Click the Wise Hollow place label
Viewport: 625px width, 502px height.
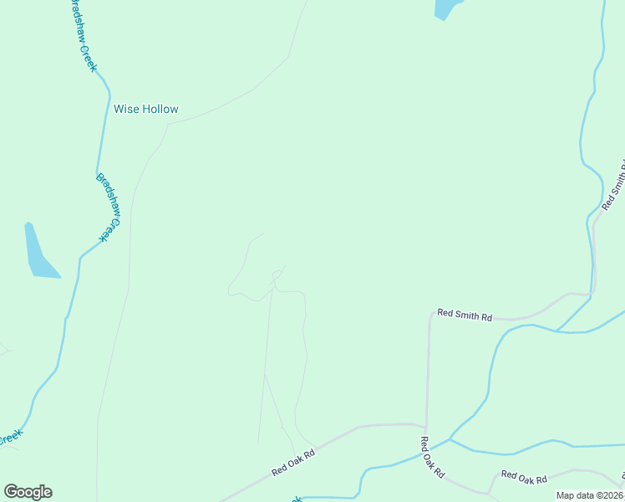(x=146, y=110)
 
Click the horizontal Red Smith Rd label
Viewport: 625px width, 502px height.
(x=465, y=315)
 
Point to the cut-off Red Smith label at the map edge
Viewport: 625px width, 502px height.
(x=614, y=184)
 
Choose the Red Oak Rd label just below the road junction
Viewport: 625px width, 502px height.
(x=432, y=456)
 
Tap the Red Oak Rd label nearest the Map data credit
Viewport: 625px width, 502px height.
(x=524, y=478)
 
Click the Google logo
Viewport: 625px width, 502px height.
(x=28, y=492)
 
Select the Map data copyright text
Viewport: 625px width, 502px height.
(x=590, y=495)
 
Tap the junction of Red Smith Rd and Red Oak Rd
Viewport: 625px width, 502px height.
(x=426, y=426)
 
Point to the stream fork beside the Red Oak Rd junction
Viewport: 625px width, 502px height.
(x=450, y=438)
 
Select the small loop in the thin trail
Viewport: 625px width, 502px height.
(x=277, y=274)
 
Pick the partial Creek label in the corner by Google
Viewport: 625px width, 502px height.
(x=10, y=438)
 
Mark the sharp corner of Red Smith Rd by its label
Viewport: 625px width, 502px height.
(x=429, y=318)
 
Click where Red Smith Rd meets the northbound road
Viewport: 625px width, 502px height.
(x=592, y=295)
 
